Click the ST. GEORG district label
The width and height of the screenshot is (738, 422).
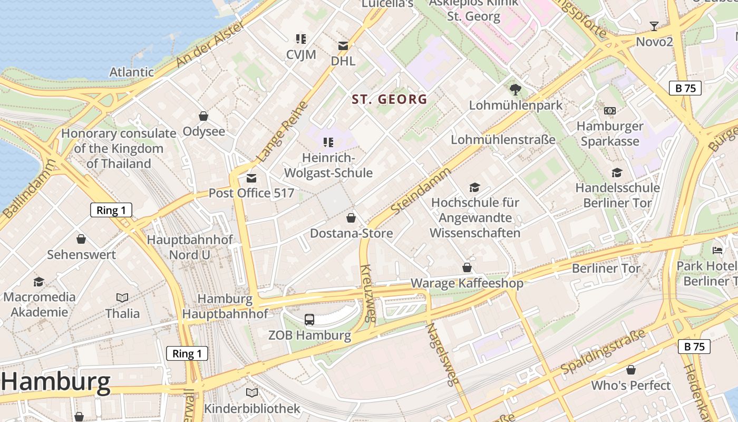tap(389, 99)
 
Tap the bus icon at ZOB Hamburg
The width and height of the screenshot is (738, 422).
tap(309, 319)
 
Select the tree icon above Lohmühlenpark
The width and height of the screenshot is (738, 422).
tap(516, 90)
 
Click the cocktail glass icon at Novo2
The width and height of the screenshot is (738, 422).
tap(654, 26)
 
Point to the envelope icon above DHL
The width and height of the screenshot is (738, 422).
tap(343, 46)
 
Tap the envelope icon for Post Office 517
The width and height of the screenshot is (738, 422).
tap(251, 178)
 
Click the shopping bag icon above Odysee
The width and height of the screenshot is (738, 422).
tap(203, 116)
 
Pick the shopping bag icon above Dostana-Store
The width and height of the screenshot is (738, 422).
tap(351, 218)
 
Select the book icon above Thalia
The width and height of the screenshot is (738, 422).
tap(122, 298)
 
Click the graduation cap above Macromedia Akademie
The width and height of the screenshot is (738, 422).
tap(39, 282)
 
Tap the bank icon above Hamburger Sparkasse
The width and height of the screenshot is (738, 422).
tap(610, 111)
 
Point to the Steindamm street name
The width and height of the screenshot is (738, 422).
tap(421, 191)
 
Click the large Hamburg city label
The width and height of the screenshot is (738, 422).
tap(55, 381)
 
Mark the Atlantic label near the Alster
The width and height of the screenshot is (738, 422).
tap(131, 72)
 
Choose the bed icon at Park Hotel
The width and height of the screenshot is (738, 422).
tap(717, 250)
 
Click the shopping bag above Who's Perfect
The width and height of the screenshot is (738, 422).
tap(630, 370)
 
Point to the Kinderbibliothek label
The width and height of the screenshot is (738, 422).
tap(252, 408)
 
